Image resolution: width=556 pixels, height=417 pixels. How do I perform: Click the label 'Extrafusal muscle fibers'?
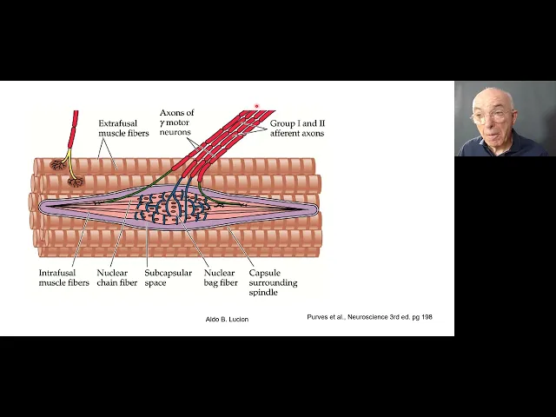[118, 129]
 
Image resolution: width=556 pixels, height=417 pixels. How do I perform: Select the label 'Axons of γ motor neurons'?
[176, 122]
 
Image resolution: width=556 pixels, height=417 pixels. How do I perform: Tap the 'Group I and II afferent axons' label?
[297, 128]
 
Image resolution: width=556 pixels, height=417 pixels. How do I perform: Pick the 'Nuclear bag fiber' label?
[220, 278]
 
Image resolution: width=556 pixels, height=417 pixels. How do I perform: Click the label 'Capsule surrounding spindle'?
[273, 282]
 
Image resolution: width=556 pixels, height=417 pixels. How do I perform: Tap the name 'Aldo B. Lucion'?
[227, 320]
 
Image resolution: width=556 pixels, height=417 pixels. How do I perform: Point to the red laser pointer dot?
[256, 107]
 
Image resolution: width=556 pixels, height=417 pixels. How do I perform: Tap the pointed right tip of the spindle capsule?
[316, 208]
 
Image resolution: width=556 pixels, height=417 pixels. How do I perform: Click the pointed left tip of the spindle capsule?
[40, 207]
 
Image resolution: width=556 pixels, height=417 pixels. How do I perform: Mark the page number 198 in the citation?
[424, 317]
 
